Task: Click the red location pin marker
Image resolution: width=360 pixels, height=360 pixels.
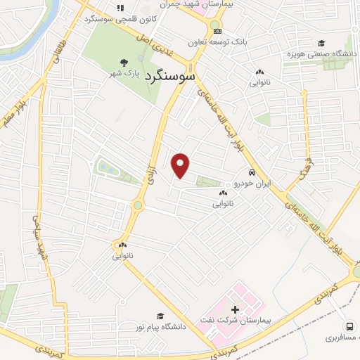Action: click(x=181, y=165)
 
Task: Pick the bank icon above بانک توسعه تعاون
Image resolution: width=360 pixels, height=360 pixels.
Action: click(x=217, y=31)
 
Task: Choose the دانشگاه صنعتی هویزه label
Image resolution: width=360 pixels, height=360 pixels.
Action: click(x=321, y=54)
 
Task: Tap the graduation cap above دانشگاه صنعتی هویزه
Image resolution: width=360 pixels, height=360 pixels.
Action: click(x=321, y=44)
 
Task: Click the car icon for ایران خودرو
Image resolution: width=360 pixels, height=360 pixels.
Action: click(x=251, y=172)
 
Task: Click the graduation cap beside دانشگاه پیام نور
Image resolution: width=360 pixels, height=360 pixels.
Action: click(x=160, y=316)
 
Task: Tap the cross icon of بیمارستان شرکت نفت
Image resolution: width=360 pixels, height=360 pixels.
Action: click(x=235, y=309)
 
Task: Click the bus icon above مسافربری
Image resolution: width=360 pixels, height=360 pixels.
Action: click(x=349, y=326)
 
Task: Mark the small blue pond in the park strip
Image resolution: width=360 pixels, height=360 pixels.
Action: click(x=106, y=167)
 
